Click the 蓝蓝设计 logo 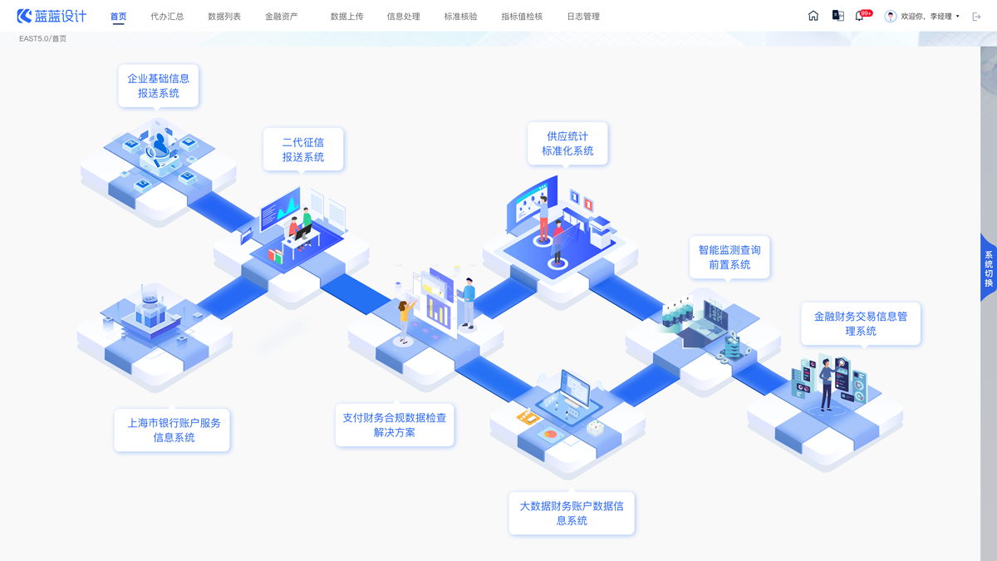tap(52, 16)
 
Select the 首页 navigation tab tap(118, 17)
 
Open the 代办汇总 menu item tap(167, 17)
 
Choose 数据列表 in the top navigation tap(224, 17)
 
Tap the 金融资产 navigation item tap(281, 17)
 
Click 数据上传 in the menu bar tap(346, 17)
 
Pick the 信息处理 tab tap(404, 17)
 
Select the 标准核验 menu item tap(460, 17)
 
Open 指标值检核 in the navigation tap(522, 17)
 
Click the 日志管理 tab tap(583, 17)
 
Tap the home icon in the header tap(813, 16)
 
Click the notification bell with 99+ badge tap(859, 16)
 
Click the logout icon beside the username tap(976, 17)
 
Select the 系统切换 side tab tap(988, 268)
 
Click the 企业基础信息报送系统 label tap(158, 86)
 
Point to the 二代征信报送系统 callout tap(302, 150)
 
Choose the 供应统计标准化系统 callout tap(567, 143)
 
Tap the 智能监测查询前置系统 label tap(729, 257)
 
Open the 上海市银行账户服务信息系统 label tap(173, 430)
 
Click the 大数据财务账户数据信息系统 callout tap(572, 513)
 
